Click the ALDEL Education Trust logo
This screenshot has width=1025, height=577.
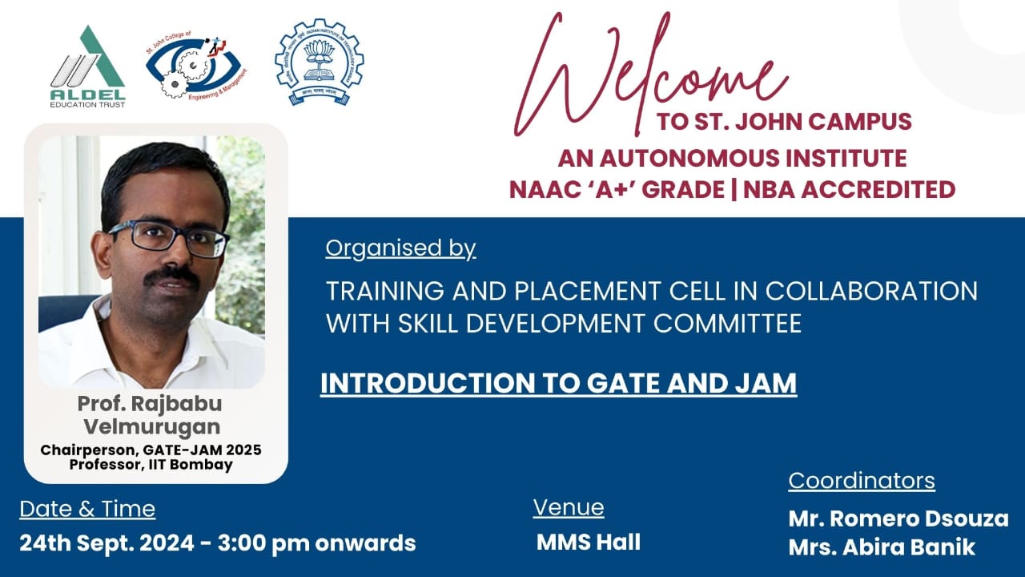point(87,67)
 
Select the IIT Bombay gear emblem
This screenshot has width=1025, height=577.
point(320,62)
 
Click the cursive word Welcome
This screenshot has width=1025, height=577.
point(649,73)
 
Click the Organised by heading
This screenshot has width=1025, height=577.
point(401,248)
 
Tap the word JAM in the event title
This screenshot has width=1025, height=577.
point(766,383)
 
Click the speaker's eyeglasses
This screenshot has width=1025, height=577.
point(169,238)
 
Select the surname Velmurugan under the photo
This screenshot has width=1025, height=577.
point(151,427)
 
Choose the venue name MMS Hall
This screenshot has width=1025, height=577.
point(589,543)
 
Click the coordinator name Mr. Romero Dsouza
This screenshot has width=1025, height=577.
point(898,518)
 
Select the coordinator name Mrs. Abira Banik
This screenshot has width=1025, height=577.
point(882,547)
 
